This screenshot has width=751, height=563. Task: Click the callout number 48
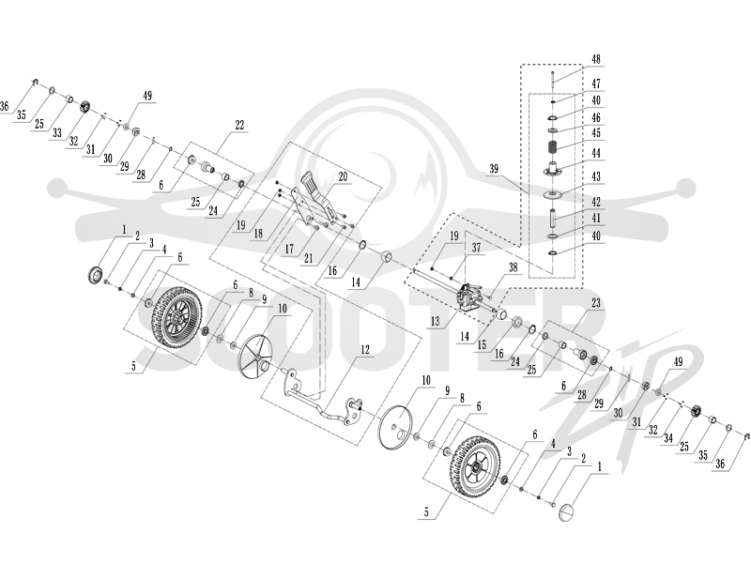point(596,59)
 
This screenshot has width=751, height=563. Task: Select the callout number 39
point(494,169)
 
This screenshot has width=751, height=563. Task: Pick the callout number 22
point(239,125)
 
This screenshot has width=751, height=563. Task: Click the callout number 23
point(596,302)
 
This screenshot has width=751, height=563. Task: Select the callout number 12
point(365,349)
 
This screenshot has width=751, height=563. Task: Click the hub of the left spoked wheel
point(176,319)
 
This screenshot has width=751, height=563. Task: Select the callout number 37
point(476,248)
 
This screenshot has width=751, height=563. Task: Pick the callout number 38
point(513,267)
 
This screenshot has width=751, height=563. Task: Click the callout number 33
point(57,132)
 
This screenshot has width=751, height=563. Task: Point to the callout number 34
point(668,438)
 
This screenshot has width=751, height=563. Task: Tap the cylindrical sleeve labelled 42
point(553,217)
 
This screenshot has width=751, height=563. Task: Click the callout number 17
point(289,249)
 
